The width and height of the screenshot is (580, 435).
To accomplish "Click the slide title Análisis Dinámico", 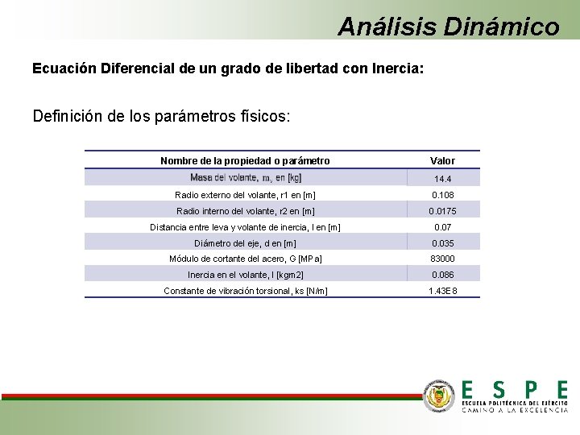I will (x=448, y=27).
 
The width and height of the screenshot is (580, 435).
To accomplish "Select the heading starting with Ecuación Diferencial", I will (x=228, y=68).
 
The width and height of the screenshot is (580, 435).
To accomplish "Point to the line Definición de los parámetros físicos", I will (x=162, y=116).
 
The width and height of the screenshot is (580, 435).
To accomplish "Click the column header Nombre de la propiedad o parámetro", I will (x=245, y=161).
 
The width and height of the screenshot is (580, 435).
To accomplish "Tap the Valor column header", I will (x=442, y=161).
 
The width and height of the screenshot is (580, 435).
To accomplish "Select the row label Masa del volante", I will (x=246, y=177).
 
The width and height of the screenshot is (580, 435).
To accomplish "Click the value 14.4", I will (x=442, y=179).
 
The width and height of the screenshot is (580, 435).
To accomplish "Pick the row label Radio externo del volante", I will (x=245, y=195).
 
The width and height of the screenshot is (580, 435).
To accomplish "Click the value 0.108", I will (x=442, y=195).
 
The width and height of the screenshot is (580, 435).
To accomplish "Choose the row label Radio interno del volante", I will (x=245, y=211).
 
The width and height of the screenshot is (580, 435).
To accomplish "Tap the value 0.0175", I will (x=442, y=211).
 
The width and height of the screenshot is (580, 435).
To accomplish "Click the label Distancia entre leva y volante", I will (x=245, y=227).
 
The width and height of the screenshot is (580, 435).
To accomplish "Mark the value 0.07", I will (x=442, y=227).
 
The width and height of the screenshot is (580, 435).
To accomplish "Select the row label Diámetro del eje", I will (x=245, y=243).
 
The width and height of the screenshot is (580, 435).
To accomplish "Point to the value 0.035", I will (x=442, y=243).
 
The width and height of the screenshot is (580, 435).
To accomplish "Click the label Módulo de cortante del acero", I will (x=245, y=259).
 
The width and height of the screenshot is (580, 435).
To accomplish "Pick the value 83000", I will (x=442, y=259).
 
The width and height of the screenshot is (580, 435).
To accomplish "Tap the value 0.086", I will (x=442, y=275).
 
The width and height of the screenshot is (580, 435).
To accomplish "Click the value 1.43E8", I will (x=442, y=290).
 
